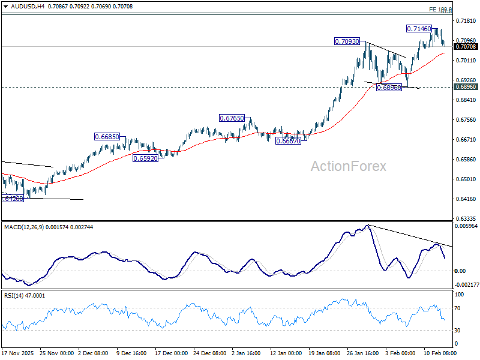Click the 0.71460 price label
click(418, 28)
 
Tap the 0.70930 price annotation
click(347, 41)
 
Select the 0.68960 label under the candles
click(389, 88)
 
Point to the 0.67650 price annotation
click(232, 118)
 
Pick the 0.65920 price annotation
click(145, 158)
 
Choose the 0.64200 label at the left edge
click(12, 198)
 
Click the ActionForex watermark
click(349, 166)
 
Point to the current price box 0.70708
click(466, 46)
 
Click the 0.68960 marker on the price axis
click(466, 87)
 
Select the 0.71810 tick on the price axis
click(466, 21)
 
